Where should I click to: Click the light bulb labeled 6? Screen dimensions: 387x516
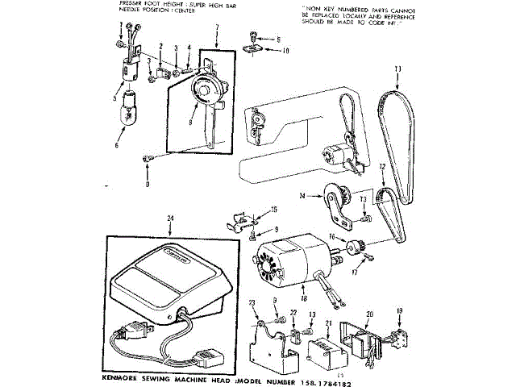(128, 109)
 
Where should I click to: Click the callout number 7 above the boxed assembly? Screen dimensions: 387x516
(217, 28)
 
